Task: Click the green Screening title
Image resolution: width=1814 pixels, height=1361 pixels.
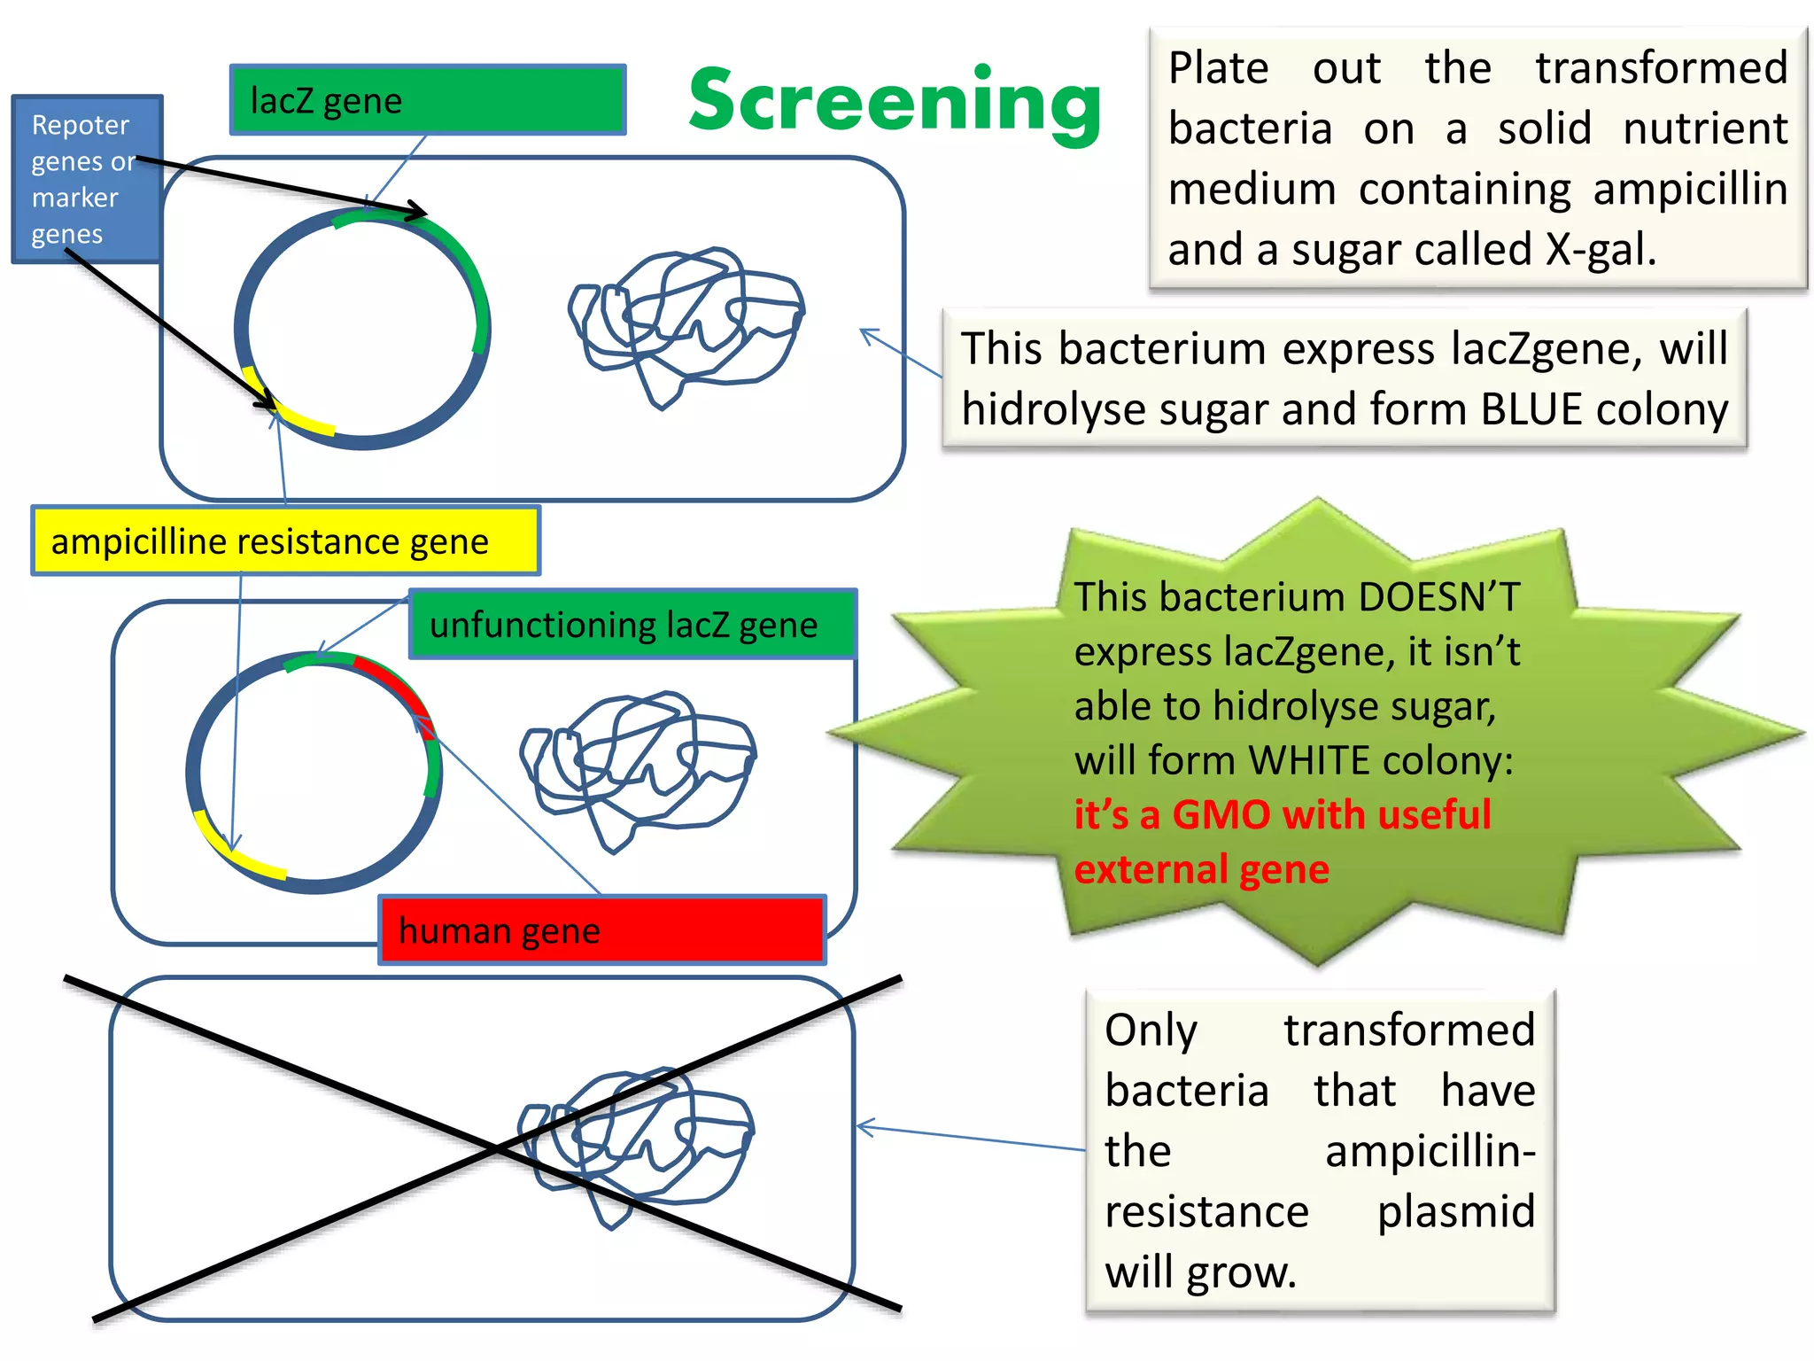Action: click(x=895, y=102)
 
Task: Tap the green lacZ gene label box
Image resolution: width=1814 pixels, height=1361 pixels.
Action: click(x=428, y=99)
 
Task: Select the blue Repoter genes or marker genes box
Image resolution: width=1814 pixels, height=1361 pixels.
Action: click(x=86, y=179)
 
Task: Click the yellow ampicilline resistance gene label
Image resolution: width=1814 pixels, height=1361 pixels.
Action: click(x=285, y=541)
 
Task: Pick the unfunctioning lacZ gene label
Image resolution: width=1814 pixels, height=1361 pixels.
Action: click(x=632, y=625)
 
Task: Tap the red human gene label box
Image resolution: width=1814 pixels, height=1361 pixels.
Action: click(x=602, y=930)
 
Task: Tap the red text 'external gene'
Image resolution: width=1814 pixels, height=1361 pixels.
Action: click(x=1201, y=869)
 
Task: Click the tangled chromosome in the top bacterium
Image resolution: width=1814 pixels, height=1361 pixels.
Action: click(x=686, y=323)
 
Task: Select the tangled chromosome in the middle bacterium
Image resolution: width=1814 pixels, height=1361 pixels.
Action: click(x=638, y=766)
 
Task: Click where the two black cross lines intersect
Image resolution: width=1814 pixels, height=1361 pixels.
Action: click(x=496, y=1148)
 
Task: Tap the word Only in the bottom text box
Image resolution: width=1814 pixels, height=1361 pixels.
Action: click(x=1151, y=1030)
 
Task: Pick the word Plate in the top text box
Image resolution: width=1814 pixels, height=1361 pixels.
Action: click(x=1218, y=69)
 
